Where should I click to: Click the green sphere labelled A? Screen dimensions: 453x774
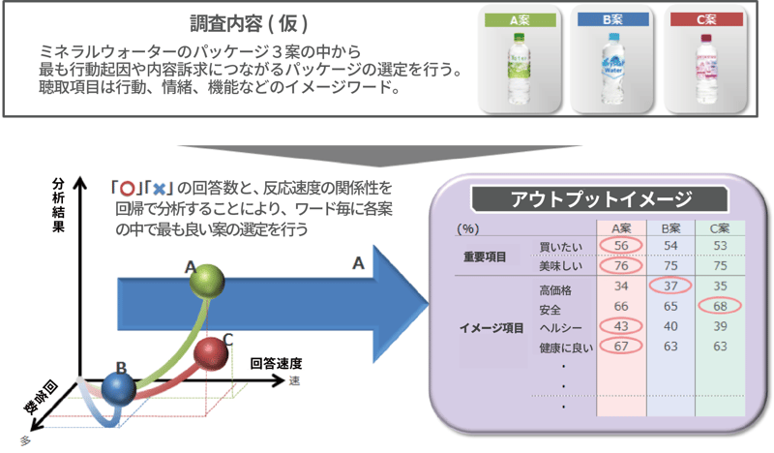click(x=206, y=283)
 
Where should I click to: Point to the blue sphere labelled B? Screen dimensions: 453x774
click(x=120, y=390)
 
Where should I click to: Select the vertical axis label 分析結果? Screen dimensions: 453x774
click(x=57, y=204)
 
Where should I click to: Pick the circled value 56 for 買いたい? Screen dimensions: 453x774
click(x=621, y=246)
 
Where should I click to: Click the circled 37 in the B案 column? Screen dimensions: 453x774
click(x=670, y=287)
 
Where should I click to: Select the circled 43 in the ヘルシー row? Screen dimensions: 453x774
click(x=621, y=327)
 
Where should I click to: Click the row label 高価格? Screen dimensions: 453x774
click(x=554, y=287)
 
